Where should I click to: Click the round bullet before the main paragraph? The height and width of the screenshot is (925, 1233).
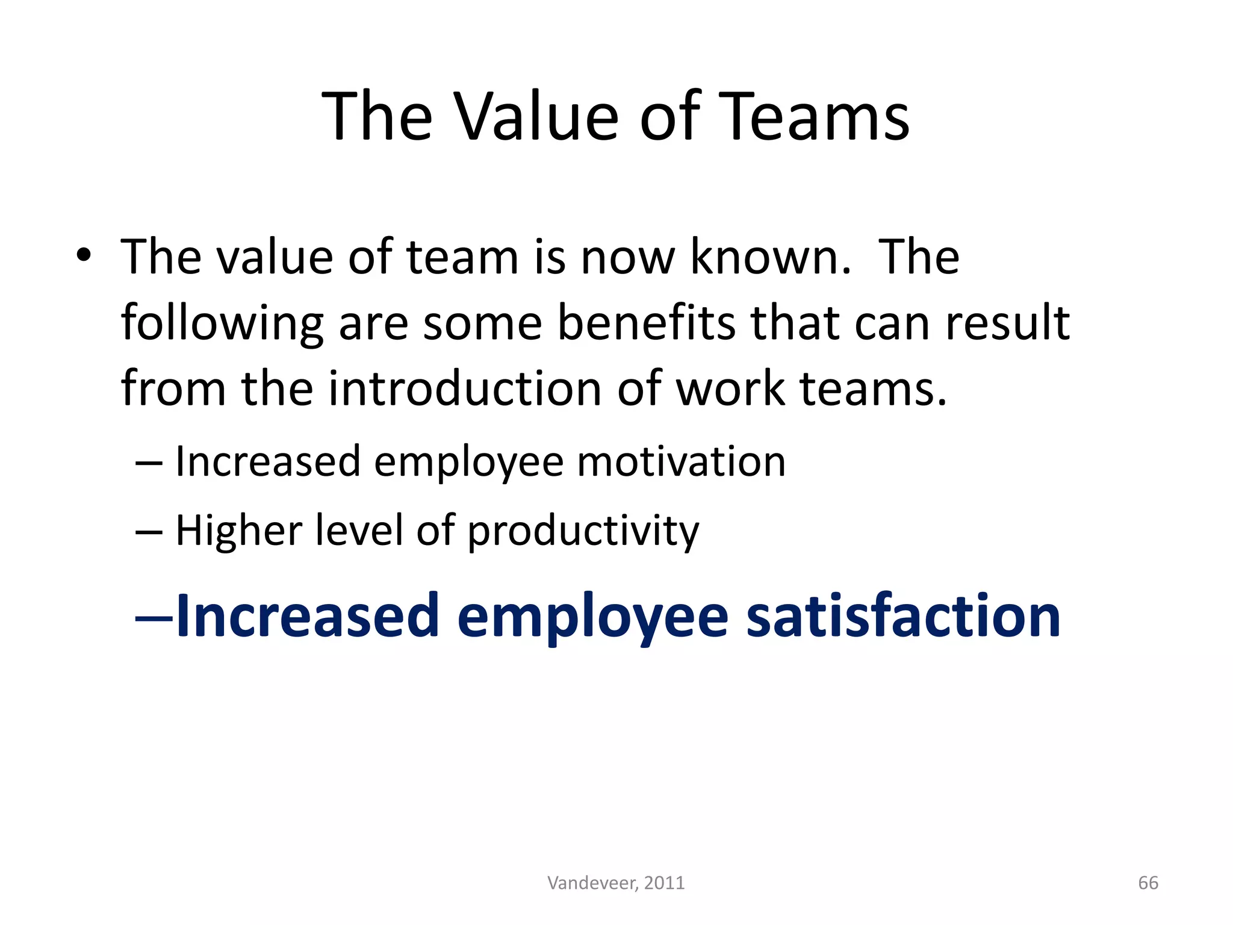[x=84, y=256]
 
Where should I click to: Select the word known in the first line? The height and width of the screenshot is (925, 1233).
[x=770, y=257]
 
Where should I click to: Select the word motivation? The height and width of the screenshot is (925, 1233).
[x=681, y=462]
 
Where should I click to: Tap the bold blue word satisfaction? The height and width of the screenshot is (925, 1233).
[x=902, y=615]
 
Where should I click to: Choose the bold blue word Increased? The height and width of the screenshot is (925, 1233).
[x=307, y=615]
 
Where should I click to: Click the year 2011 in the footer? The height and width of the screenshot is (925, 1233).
[x=664, y=883]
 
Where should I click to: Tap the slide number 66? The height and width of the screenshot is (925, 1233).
[x=1148, y=883]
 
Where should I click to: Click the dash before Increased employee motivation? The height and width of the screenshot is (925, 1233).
[x=149, y=463]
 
